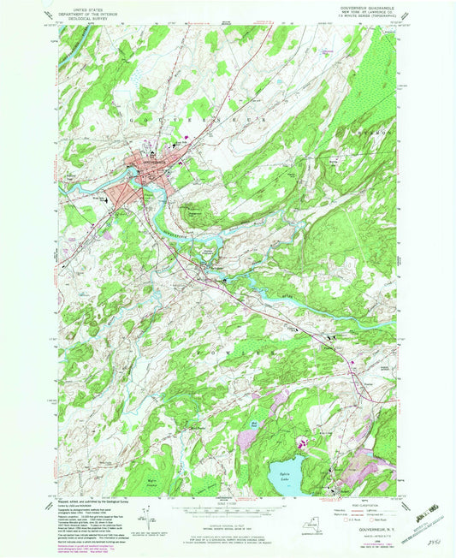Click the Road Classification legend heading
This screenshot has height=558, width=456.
coord(360,504)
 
